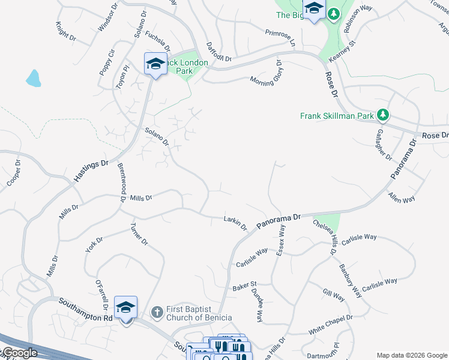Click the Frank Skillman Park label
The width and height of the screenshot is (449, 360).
point(337,115)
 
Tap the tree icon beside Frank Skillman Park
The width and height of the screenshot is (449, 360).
point(382,115)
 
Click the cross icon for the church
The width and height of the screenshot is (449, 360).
point(157,312)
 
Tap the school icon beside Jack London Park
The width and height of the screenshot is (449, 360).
point(155,64)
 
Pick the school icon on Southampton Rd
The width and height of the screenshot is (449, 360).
point(126,307)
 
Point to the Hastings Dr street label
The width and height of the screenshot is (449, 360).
point(91,171)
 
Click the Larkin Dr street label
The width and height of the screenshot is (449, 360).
point(235,223)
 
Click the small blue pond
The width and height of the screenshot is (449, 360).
point(33,78)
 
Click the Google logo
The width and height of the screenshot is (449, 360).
point(19,353)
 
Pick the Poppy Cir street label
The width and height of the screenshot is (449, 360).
point(107,62)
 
